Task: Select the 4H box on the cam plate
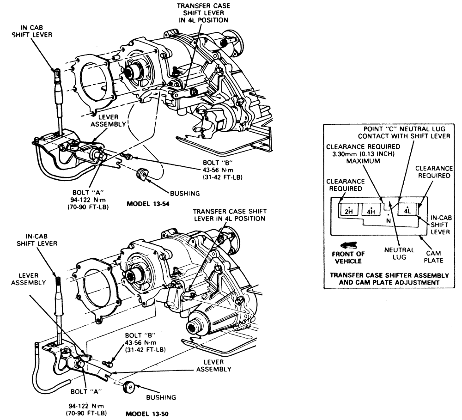371,210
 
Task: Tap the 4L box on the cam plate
407,209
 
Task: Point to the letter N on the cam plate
389,221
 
